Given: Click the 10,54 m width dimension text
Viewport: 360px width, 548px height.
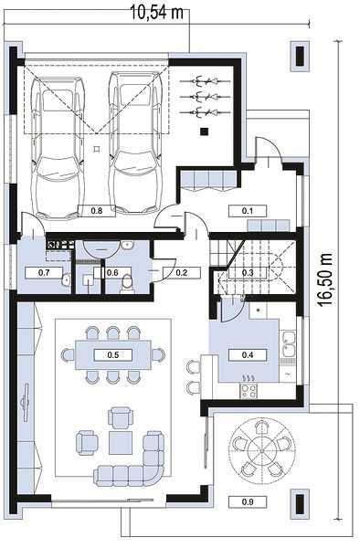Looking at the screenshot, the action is [x=157, y=13].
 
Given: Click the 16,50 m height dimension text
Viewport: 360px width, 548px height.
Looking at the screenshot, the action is [x=325, y=279].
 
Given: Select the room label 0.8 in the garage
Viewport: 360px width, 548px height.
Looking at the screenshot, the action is [x=97, y=211].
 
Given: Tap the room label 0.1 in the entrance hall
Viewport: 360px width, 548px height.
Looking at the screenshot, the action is [x=248, y=211].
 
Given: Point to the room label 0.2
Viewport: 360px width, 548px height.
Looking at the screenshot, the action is [x=182, y=272].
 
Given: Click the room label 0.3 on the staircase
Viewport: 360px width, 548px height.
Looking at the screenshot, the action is [x=248, y=272].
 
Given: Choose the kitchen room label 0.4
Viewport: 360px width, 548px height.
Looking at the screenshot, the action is [x=248, y=355].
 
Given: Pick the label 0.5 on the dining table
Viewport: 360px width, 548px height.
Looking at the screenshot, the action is [x=113, y=355].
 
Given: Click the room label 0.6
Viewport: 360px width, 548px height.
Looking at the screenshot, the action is [x=112, y=272].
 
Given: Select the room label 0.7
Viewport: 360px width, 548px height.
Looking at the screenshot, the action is [x=44, y=272].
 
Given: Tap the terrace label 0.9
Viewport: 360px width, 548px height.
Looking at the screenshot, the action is [x=248, y=501].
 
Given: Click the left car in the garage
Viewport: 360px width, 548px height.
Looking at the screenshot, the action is [x=58, y=148].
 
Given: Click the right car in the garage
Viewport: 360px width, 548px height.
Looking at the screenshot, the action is [x=135, y=142].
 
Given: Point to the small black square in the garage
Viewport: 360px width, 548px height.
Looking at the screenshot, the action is [x=205, y=132].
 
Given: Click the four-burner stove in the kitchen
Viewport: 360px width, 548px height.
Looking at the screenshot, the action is [x=249, y=390].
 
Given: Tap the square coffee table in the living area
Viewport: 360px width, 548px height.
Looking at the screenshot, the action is [x=121, y=442].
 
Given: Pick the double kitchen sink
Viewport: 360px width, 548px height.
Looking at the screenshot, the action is [x=289, y=344].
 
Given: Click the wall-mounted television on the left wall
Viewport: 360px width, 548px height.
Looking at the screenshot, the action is [x=25, y=402].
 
